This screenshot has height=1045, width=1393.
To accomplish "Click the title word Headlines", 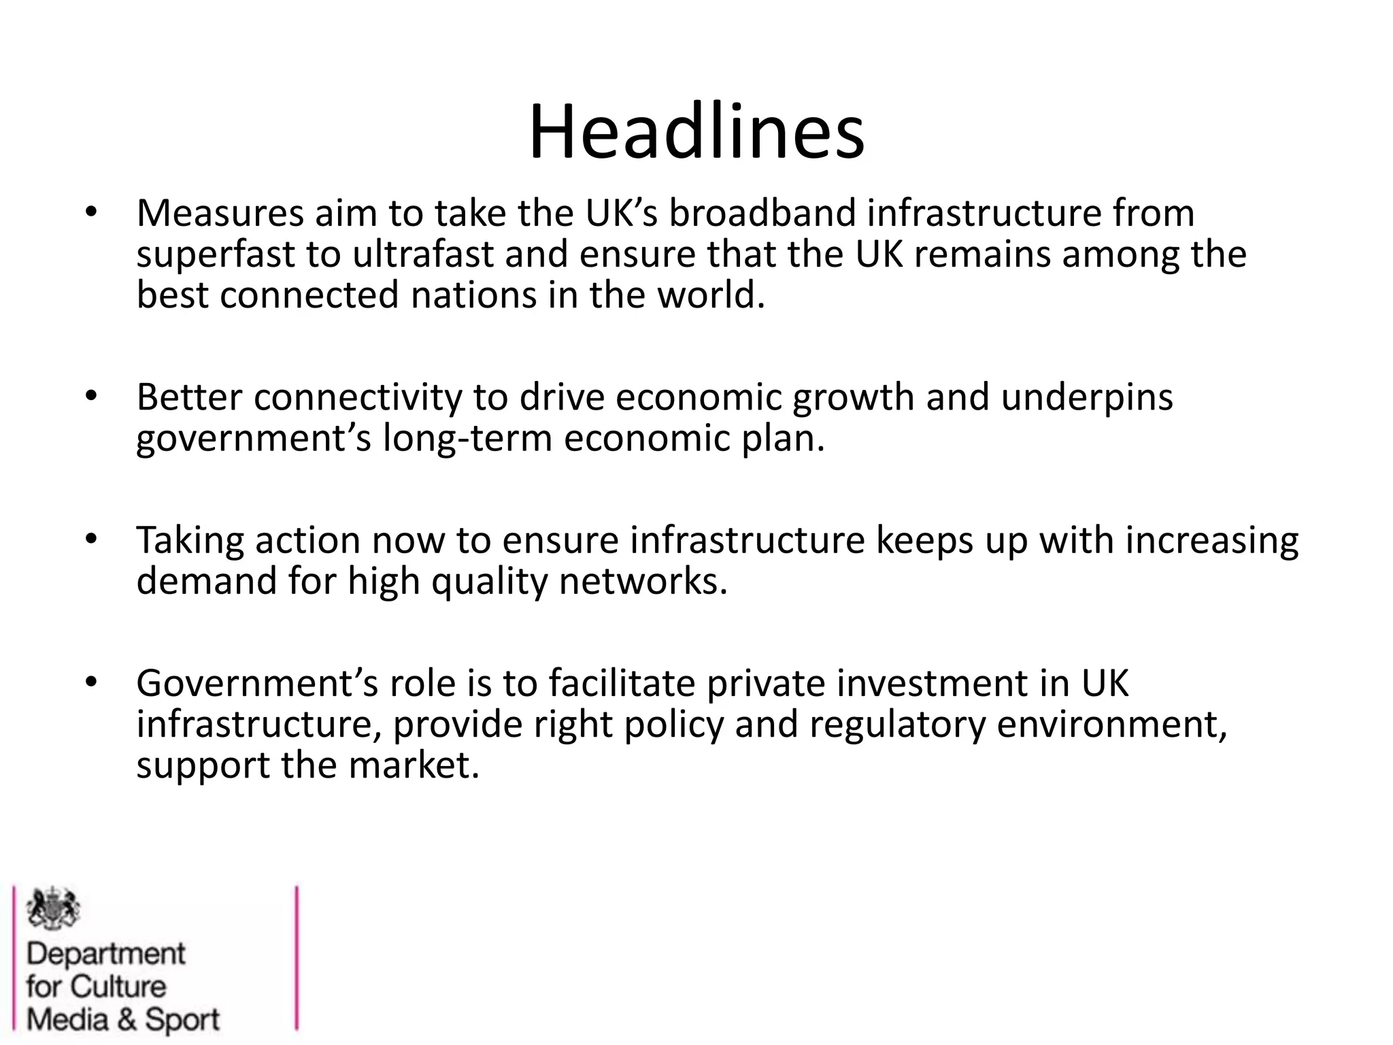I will click(696, 133).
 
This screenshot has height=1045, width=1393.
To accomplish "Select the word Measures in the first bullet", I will click(219, 213).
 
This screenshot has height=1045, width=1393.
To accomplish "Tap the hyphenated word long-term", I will click(468, 439).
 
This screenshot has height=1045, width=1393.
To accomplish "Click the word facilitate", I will click(622, 683).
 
